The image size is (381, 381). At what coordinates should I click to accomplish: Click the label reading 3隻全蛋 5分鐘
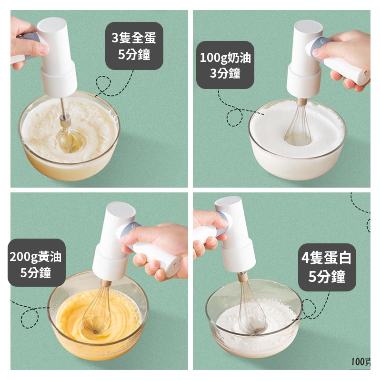[134, 46]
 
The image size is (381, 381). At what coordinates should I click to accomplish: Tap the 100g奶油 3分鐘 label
[225, 65]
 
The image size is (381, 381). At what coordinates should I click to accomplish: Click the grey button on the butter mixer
[134, 229]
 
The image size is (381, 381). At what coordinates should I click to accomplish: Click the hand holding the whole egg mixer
[24, 40]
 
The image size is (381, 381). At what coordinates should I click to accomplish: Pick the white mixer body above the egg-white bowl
[236, 238]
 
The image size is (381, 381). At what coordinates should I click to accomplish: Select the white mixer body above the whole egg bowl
[57, 57]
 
